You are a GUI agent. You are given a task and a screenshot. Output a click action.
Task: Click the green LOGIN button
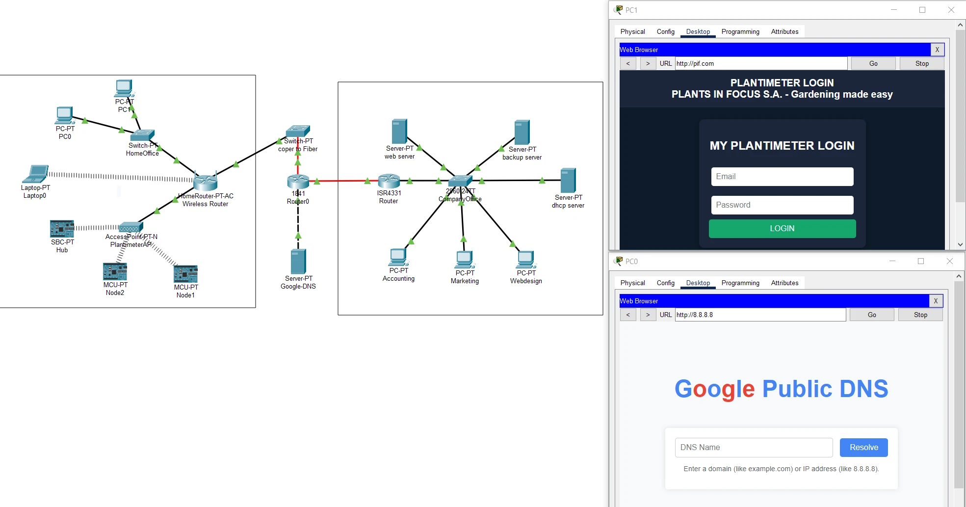(782, 229)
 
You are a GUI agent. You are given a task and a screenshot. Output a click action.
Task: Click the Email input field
(782, 177)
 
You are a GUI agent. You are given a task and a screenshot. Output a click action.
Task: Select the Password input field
(782, 205)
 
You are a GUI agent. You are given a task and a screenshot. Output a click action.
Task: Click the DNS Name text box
(754, 448)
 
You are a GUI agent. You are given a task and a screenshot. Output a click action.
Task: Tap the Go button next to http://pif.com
(873, 64)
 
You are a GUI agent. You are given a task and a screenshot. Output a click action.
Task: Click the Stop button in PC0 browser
(920, 315)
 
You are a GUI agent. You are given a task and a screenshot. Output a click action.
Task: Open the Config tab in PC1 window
(665, 32)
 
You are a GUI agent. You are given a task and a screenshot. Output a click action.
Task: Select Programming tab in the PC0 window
(740, 283)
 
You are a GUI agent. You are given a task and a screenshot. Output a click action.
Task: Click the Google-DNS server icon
(298, 262)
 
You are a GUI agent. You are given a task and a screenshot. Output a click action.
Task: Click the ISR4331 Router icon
(389, 181)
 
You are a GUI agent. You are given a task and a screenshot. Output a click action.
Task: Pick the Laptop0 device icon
(36, 174)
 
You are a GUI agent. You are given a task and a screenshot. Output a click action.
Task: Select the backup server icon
(522, 133)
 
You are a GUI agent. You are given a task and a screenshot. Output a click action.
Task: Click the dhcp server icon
(568, 181)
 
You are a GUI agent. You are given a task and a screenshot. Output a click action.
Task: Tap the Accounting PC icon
(398, 257)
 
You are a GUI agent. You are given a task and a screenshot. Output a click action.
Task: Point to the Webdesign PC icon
(525, 259)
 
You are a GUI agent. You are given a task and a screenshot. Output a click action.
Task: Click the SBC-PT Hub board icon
(62, 229)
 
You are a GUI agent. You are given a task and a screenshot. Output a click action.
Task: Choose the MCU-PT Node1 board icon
(185, 274)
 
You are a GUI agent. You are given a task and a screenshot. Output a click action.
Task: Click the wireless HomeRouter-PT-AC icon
(205, 183)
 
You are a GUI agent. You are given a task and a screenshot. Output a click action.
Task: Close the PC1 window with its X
(950, 10)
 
